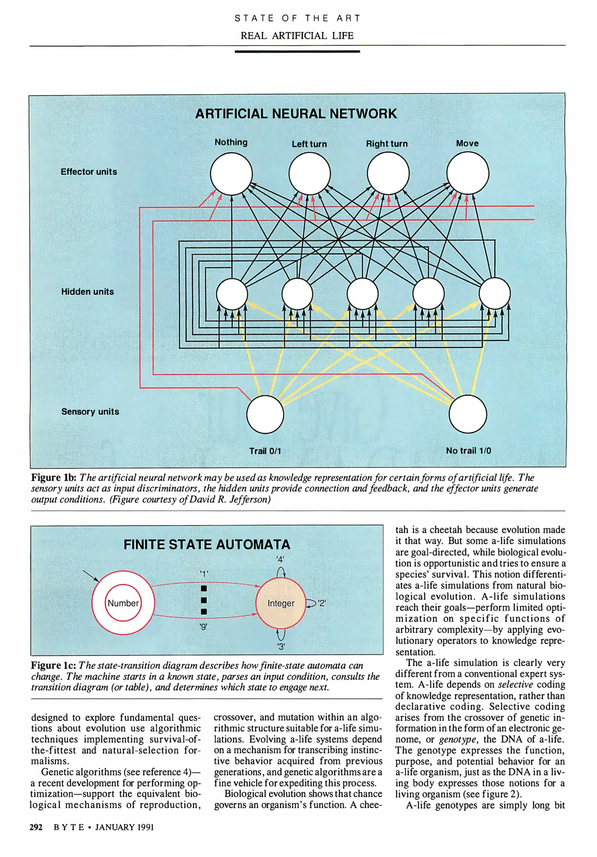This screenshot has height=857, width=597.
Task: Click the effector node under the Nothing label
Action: coord(231,174)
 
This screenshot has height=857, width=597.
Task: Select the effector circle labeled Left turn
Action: coord(309,174)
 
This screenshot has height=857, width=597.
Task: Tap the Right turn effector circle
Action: coord(388,174)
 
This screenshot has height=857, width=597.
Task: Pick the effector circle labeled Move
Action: coord(468,174)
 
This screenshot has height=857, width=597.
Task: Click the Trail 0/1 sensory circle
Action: coord(265,414)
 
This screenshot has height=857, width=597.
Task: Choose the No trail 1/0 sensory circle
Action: coord(468,414)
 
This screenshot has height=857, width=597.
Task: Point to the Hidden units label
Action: coord(87,292)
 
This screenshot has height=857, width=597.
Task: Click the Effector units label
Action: coord(89,172)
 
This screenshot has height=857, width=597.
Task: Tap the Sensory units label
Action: coord(90,411)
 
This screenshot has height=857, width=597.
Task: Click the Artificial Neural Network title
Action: coord(296,114)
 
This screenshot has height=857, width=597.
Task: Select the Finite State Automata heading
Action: coord(207,544)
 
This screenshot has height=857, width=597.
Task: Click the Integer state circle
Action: coord(280,603)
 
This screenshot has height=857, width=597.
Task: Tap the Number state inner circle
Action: coord(123,603)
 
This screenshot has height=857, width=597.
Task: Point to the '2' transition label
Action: coord(322,603)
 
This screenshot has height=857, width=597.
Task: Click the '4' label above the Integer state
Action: coord(280,559)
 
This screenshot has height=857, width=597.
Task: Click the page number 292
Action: coord(36,827)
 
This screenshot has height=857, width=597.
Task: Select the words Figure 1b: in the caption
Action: coord(54,478)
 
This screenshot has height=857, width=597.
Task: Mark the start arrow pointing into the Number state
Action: coord(91,576)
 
